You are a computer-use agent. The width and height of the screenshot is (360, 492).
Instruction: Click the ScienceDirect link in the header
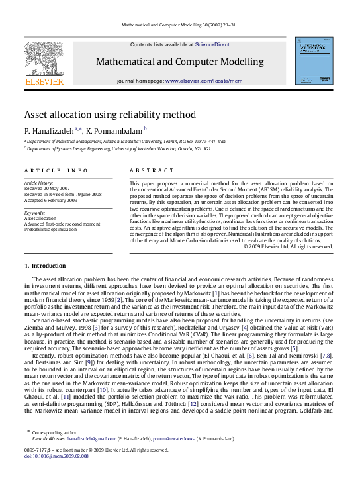point(212,44)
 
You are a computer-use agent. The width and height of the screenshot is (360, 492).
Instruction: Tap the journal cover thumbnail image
point(314,61)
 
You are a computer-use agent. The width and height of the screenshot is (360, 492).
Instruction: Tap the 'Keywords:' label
point(35,212)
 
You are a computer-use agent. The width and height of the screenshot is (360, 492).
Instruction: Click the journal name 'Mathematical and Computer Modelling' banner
point(179,62)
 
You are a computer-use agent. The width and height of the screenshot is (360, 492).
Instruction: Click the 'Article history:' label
point(40,182)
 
